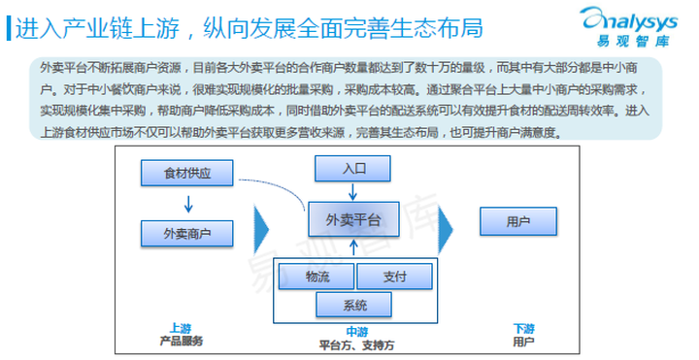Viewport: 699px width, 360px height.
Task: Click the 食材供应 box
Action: coord(188,175)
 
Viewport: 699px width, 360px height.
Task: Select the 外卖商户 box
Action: coord(188,233)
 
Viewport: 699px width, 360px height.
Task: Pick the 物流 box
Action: coord(316,277)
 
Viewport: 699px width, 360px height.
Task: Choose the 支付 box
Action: coord(394,277)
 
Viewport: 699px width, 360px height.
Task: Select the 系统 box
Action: coord(354,306)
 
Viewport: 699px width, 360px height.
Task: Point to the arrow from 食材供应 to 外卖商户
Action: coord(188,204)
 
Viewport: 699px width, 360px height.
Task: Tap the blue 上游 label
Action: coord(179,329)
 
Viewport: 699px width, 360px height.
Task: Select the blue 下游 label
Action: coord(524,329)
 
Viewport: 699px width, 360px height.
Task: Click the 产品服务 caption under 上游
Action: coord(181,342)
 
